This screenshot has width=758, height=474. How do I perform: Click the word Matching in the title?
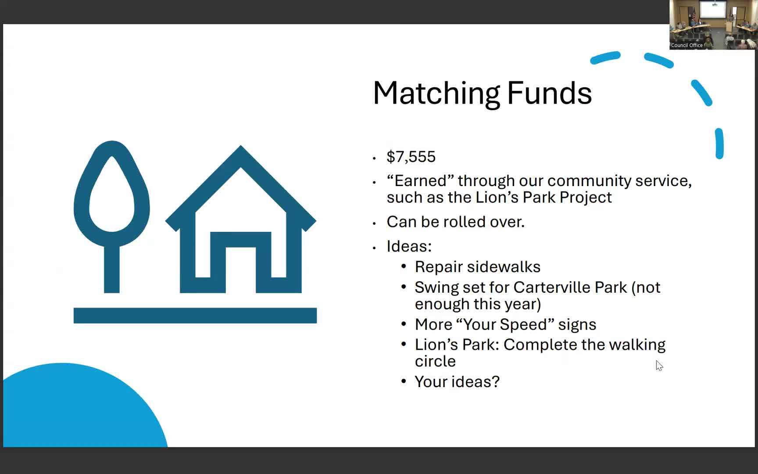[436, 93]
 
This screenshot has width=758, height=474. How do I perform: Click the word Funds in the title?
[549, 93]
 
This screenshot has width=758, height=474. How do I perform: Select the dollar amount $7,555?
[411, 157]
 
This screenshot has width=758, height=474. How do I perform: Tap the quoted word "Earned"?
[420, 181]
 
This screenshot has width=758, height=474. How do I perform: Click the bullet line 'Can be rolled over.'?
[455, 222]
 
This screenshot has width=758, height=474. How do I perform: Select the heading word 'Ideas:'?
[409, 246]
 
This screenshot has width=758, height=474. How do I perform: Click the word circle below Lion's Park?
[435, 361]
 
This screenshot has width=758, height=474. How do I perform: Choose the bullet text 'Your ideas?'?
[457, 382]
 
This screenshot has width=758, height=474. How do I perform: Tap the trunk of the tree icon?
[112, 270]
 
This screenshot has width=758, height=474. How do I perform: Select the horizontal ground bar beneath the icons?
[195, 316]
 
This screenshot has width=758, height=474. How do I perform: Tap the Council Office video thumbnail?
[713, 25]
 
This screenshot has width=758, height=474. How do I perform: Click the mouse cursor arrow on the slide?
[659, 365]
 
